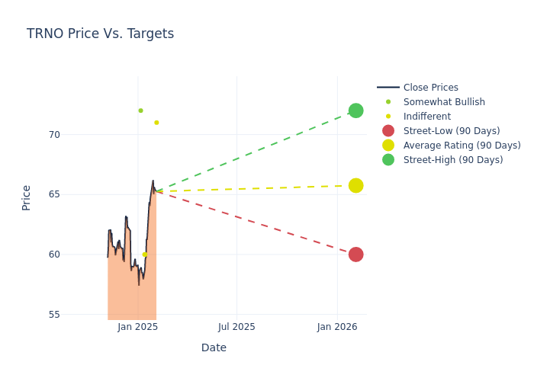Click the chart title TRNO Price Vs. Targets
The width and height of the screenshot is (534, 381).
(100, 34)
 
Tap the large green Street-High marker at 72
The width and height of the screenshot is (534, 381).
(355, 110)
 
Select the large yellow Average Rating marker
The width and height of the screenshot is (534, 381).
(355, 185)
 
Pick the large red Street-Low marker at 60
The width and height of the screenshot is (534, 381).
(355, 255)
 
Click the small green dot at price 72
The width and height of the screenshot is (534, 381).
(140, 110)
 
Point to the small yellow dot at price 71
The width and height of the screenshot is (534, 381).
(156, 123)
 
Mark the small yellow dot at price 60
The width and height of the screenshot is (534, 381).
(144, 255)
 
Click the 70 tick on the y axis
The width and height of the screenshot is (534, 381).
(53, 135)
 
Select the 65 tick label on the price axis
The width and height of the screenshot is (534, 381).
(53, 194)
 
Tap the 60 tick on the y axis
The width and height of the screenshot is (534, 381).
(53, 255)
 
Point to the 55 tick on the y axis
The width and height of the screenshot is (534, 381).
(53, 314)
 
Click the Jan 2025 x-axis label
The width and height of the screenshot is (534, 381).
(137, 327)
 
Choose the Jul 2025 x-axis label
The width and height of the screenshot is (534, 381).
(236, 327)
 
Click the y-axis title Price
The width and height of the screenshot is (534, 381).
(27, 197)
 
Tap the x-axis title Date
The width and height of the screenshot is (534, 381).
(214, 348)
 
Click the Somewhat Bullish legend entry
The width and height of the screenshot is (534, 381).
(443, 102)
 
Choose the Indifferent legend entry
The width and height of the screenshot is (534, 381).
(426, 117)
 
